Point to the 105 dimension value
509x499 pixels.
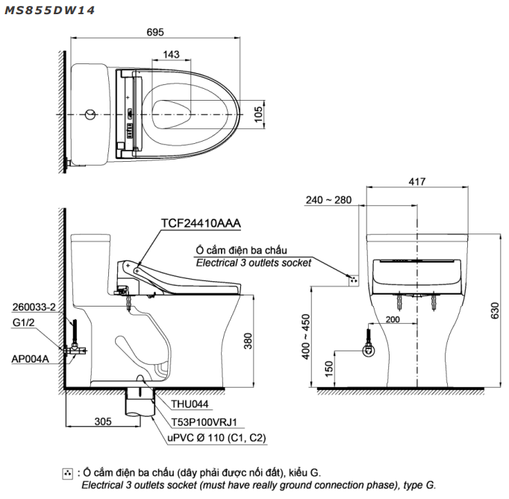click(258, 113)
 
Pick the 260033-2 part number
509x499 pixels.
click(34, 307)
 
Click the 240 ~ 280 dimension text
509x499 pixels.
click(328, 200)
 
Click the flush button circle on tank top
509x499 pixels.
click(90, 114)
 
